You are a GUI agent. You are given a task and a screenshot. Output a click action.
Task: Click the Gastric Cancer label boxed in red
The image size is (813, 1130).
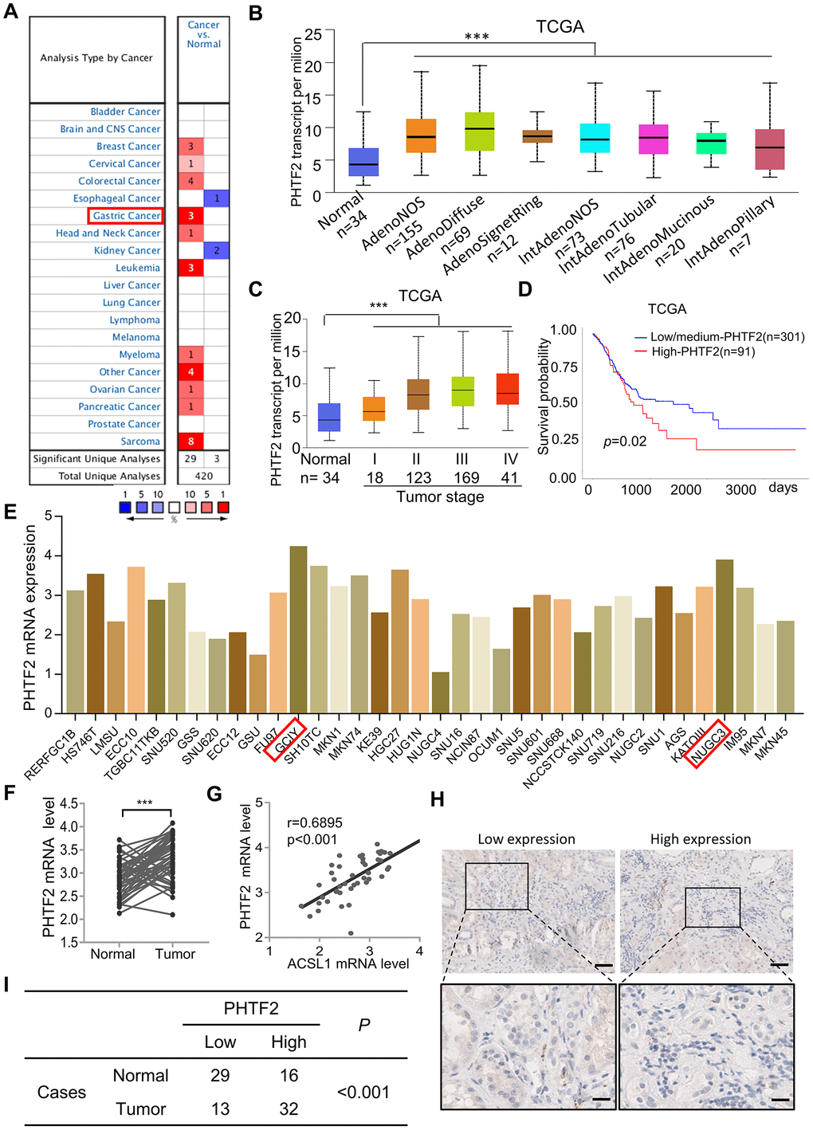pos(126,216)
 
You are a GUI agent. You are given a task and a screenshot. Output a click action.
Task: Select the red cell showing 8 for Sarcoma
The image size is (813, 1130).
pos(191,441)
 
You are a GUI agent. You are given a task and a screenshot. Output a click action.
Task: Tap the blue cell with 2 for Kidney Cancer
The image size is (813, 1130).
pos(216,251)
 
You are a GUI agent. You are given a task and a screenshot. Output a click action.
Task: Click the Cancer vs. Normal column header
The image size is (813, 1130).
pos(203,34)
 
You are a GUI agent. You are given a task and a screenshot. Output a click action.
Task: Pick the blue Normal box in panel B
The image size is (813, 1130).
pos(363,162)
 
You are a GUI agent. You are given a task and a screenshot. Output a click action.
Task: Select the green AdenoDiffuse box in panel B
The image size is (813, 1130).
pos(479,131)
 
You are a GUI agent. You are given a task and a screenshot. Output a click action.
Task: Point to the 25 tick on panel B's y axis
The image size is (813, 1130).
pos(313,34)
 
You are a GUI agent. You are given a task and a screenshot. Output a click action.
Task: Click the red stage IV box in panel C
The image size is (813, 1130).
pos(507,389)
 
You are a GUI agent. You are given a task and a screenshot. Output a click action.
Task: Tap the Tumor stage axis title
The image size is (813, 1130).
pos(440,497)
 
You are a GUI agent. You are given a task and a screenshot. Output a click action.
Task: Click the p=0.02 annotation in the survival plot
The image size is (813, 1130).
pos(625,441)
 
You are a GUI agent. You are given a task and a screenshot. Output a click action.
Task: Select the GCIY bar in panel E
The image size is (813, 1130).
pos(298,629)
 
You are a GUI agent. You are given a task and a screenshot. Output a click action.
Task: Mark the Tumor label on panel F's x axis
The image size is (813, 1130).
pos(175,954)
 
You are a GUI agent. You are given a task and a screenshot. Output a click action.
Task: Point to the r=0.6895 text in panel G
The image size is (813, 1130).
pos(315,822)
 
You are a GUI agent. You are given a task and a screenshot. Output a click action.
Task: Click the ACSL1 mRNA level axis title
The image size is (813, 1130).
pos(348,963)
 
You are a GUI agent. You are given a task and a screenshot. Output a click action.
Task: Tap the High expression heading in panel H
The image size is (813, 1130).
pos(700,839)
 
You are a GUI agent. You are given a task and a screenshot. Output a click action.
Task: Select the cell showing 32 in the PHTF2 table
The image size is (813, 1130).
pos(289,1108)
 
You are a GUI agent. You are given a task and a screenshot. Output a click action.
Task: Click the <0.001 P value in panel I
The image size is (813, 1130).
pos(363,1092)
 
